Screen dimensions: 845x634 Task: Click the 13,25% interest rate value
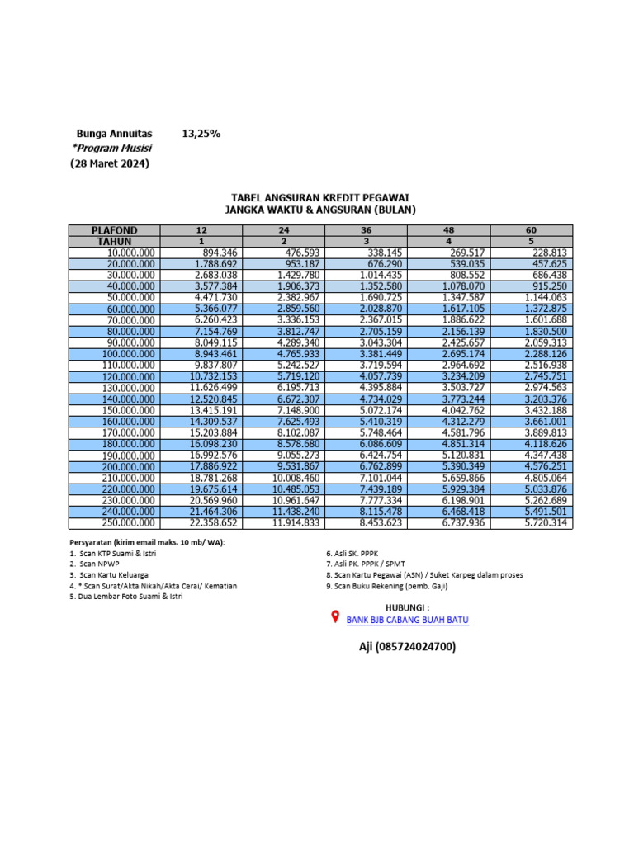201,133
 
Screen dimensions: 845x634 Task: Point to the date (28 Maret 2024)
109,164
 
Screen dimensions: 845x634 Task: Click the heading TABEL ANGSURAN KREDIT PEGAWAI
320,197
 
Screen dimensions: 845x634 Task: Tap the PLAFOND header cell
114,230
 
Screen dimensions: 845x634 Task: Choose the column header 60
531,230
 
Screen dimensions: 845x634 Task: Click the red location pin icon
335,618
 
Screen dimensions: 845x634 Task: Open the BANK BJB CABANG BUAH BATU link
408,620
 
